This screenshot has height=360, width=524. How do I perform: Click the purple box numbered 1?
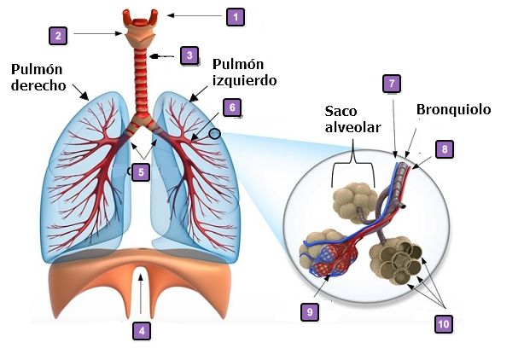click(x=235, y=15)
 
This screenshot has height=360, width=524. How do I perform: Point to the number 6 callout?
click(x=229, y=107)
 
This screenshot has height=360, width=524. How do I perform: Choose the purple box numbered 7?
click(x=390, y=84)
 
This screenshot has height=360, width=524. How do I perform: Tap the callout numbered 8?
click(x=444, y=148)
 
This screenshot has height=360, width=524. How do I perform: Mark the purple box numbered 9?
click(x=311, y=311)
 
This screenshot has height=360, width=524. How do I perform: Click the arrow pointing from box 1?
click(x=195, y=15)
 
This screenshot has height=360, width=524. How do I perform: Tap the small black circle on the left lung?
click(x=213, y=134)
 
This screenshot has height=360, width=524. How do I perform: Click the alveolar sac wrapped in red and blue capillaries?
click(x=328, y=256)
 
